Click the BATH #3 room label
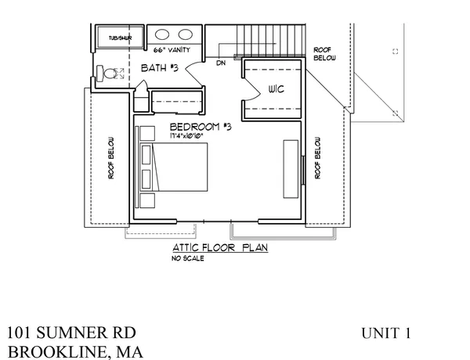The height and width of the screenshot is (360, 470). pos(160,69)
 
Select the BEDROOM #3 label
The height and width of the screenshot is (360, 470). pos(200,127)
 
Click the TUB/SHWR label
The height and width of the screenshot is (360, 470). pos(120,37)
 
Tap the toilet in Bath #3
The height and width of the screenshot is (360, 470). pos(112,73)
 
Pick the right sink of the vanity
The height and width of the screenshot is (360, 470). pos(186,35)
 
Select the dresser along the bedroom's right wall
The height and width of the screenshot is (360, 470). pos(291,169)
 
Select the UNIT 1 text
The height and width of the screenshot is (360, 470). pos(386,333)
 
